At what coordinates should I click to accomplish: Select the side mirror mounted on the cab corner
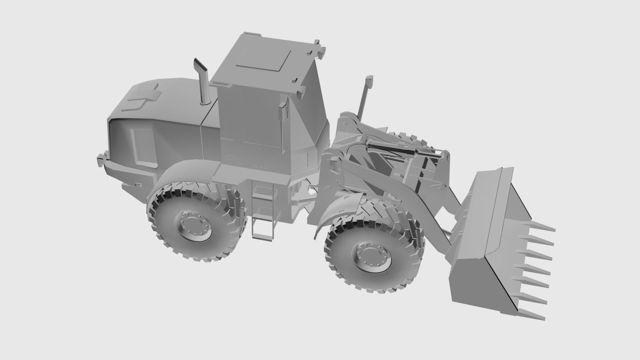click(282, 112)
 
